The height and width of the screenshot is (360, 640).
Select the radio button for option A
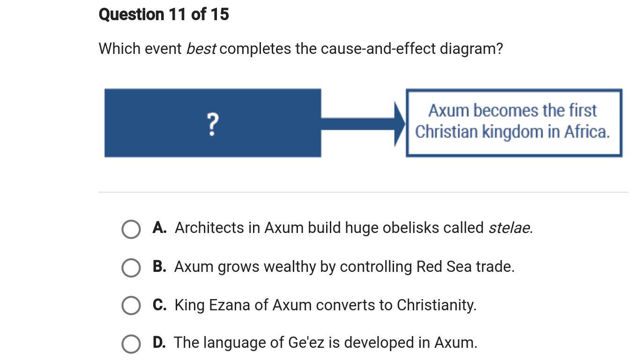tap(131, 229)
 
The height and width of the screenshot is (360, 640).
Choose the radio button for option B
tap(131, 268)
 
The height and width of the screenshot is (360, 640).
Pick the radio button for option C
tap(131, 305)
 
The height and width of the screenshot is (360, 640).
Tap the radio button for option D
tap(131, 344)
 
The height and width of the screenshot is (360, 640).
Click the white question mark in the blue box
tap(212, 124)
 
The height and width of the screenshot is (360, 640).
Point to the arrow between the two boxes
tap(363, 124)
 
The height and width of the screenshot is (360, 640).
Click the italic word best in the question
tap(201, 49)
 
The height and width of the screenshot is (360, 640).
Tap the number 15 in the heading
tap(219, 15)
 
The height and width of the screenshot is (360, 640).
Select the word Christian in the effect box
tap(447, 132)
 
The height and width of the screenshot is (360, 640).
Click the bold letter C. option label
tap(159, 305)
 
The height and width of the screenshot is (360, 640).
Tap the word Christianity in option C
tap(437, 305)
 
